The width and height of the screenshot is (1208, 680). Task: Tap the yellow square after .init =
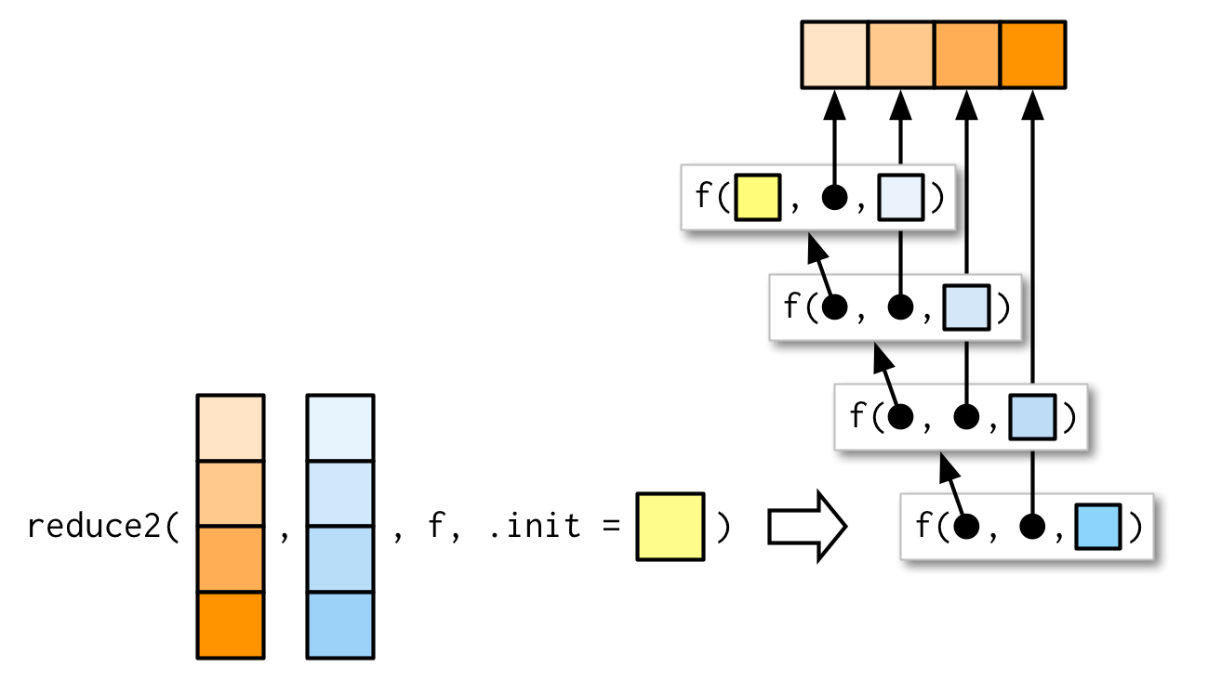[670, 527]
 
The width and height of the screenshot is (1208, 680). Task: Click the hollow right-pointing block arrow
[805, 527]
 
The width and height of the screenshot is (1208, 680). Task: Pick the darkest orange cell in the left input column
[231, 624]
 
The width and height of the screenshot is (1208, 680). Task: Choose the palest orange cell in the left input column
[231, 427]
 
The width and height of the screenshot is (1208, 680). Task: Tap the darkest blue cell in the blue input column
[340, 624]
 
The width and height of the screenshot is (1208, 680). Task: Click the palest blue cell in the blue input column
[340, 427]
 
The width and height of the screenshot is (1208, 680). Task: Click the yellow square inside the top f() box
[757, 197]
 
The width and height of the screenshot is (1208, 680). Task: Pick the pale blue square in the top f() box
[900, 197]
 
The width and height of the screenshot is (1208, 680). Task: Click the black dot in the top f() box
[835, 197]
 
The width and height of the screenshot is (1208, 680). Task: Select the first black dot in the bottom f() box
[967, 527]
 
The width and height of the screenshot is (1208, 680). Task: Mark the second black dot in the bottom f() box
[1032, 527]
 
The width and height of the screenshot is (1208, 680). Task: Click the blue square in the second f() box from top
[966, 307]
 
